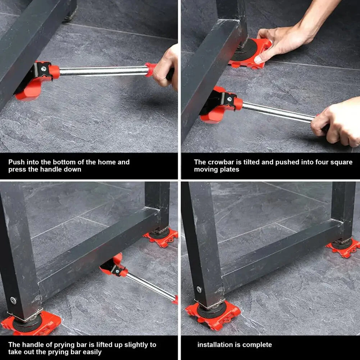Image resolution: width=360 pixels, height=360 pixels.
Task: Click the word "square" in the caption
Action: tap(342, 162)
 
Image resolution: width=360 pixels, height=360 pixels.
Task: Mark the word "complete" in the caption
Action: tap(257, 345)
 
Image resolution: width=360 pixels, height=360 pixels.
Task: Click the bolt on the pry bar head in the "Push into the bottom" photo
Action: tap(43, 67)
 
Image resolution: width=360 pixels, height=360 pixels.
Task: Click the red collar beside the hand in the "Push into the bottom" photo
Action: tap(150, 69)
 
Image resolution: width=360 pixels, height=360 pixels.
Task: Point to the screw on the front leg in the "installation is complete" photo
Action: tap(199, 289)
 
